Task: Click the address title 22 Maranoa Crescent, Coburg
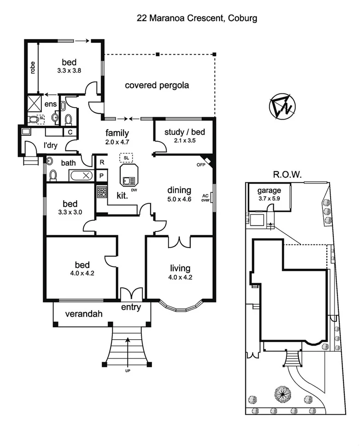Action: click(x=197, y=19)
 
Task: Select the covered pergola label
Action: click(x=157, y=85)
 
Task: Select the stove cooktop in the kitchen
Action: click(x=101, y=191)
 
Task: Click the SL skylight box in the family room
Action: click(x=125, y=158)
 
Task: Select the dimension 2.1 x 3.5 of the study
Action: click(x=185, y=141)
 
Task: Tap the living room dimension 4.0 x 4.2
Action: click(x=180, y=277)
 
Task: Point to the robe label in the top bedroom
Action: click(x=33, y=68)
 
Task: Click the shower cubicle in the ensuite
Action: click(x=35, y=102)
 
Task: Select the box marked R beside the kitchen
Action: click(x=102, y=162)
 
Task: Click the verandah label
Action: click(x=83, y=314)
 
